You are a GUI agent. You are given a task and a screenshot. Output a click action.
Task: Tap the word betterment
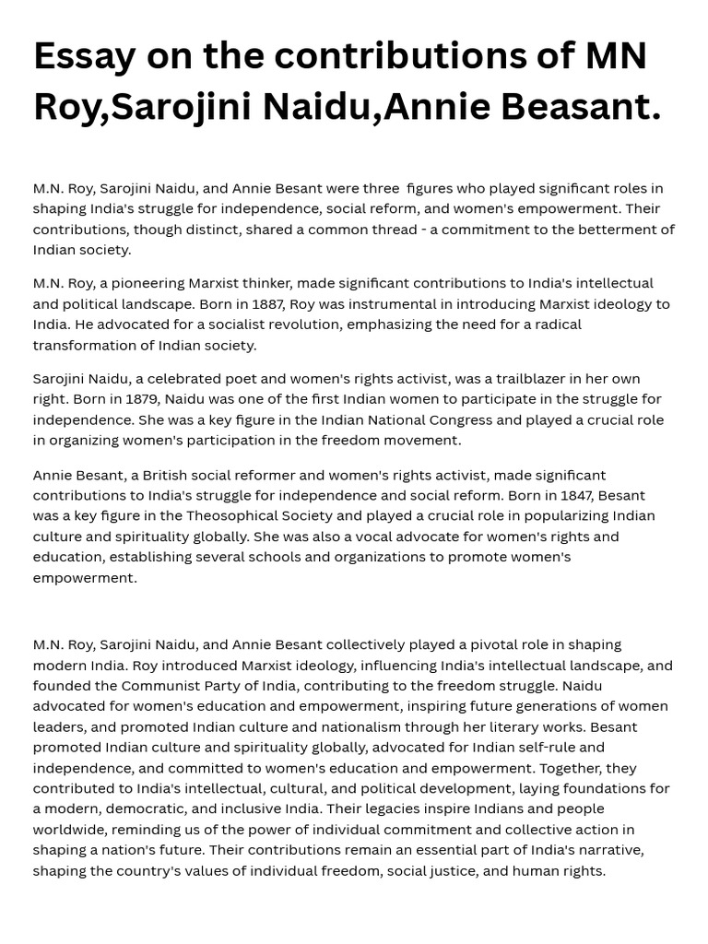coord(605,229)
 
